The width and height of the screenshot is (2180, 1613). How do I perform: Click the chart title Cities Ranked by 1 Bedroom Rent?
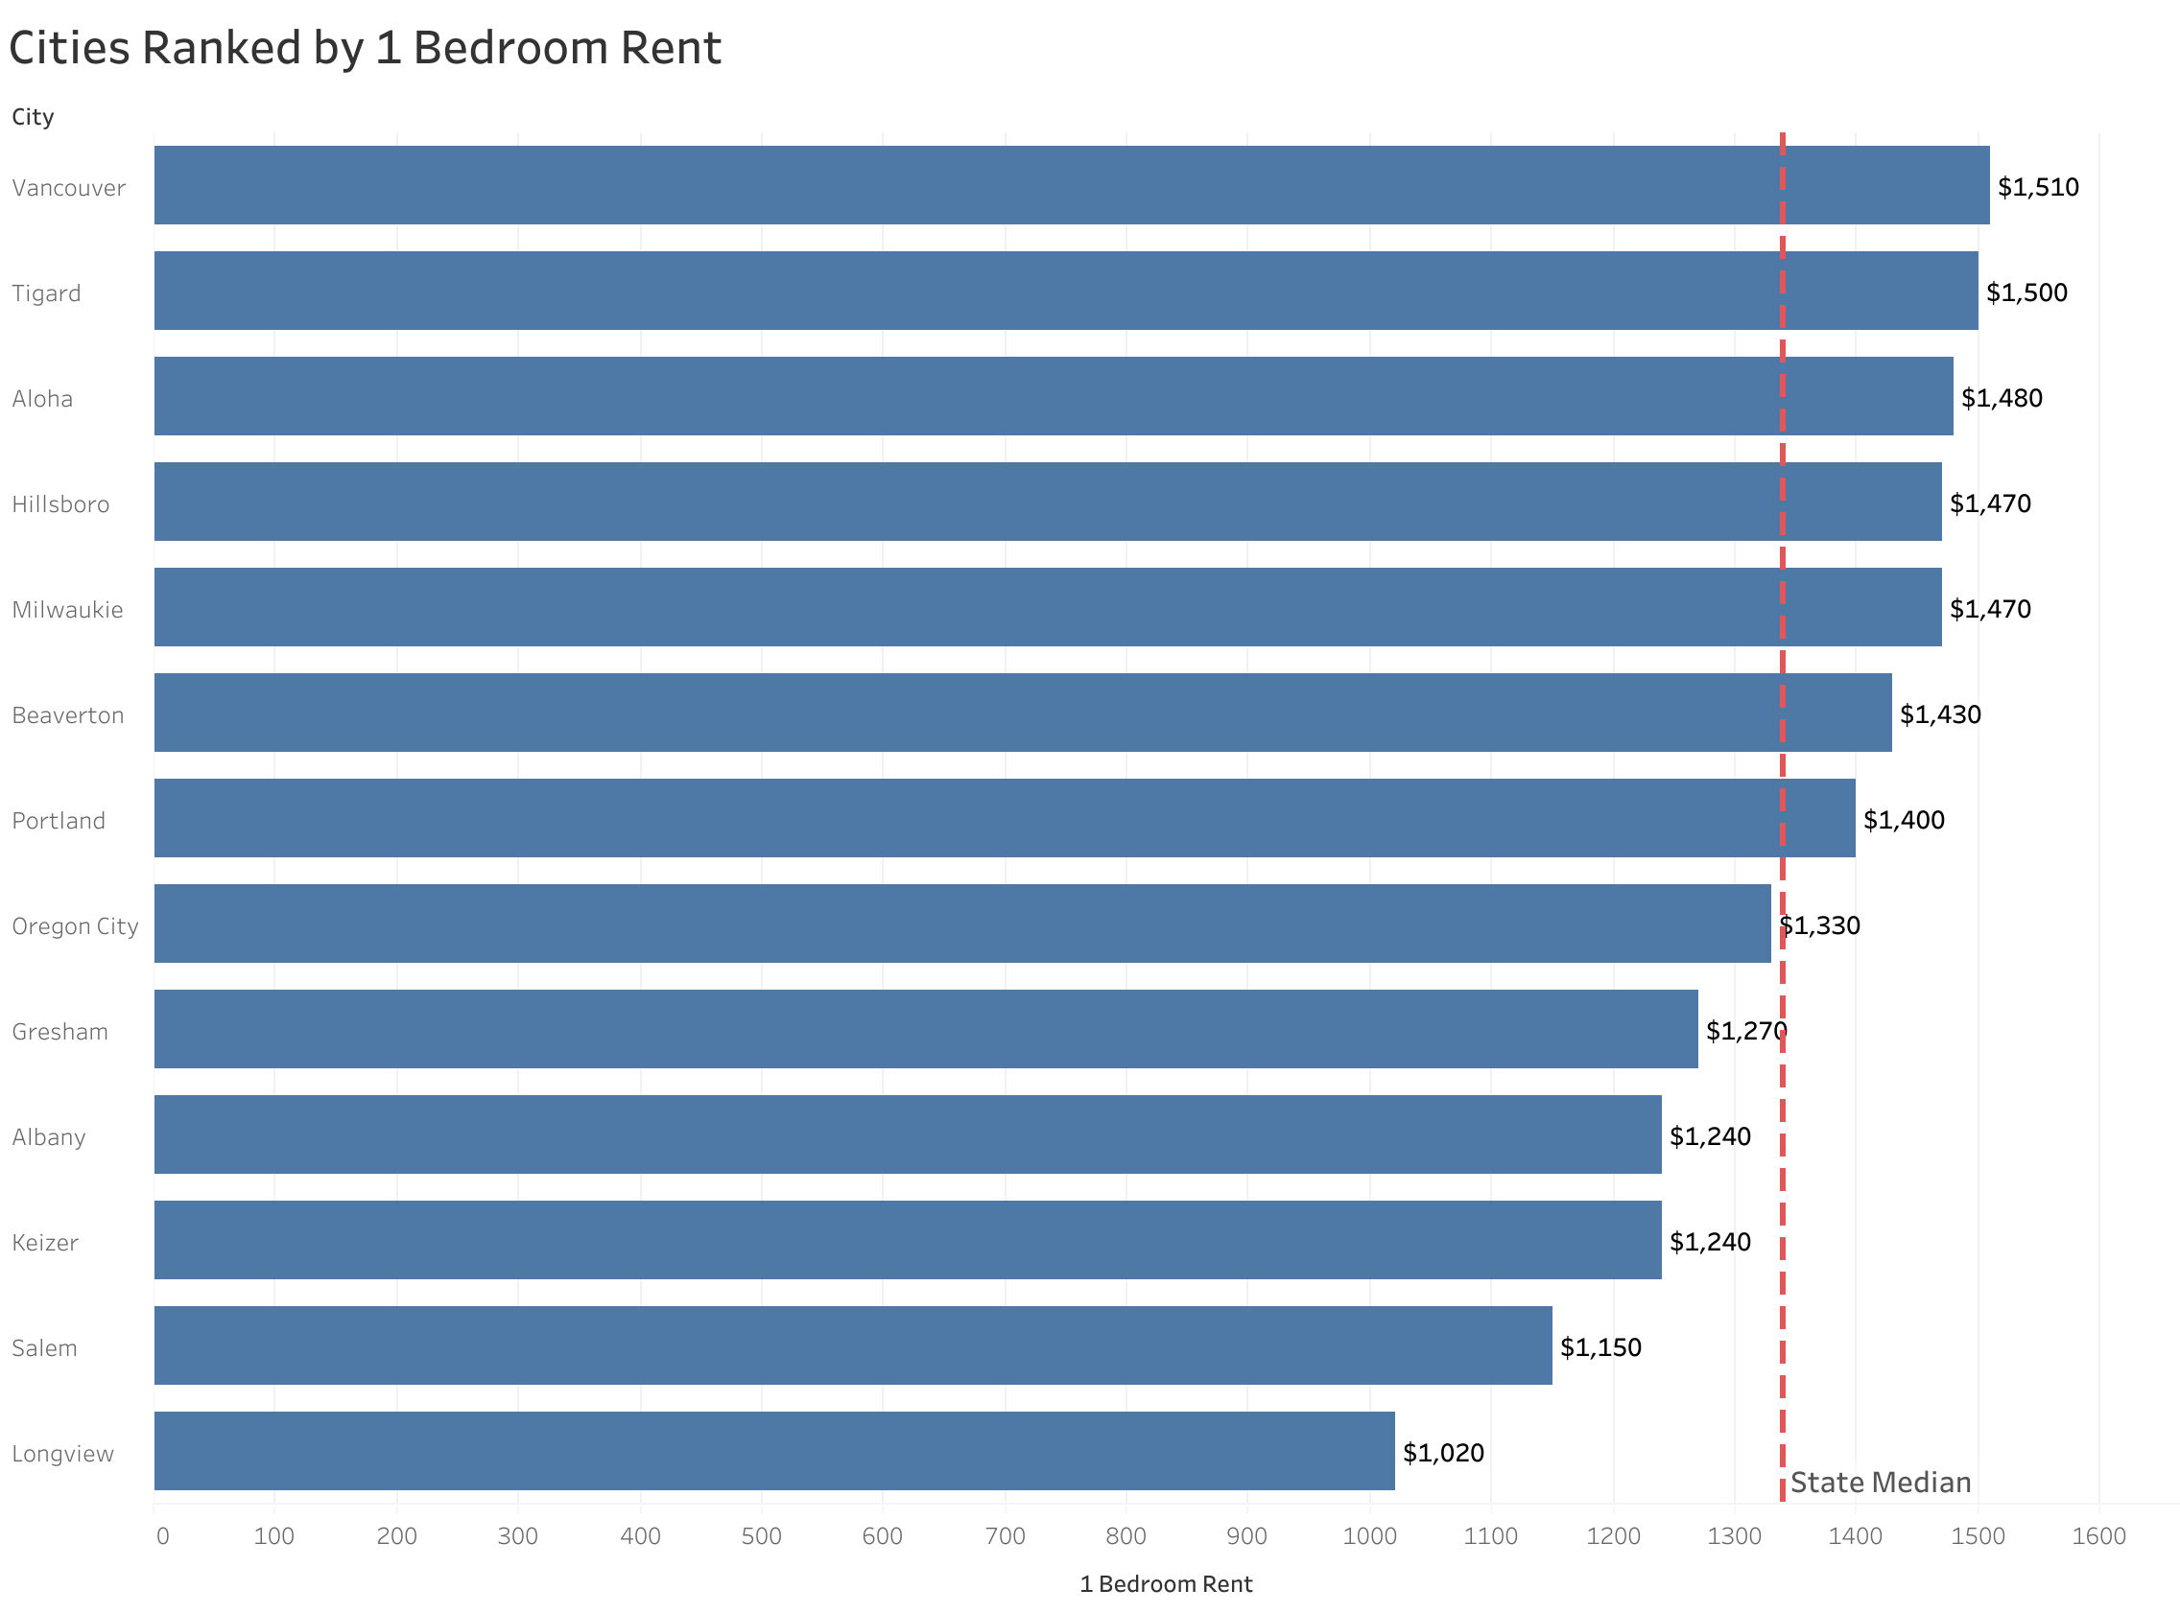pyautogui.click(x=365, y=49)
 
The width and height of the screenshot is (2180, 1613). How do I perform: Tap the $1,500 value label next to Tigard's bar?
pyautogui.click(x=2026, y=292)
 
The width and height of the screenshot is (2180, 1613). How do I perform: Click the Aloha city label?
pyautogui.click(x=42, y=398)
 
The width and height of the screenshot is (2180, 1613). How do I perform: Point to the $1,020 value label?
pyautogui.click(x=1442, y=1453)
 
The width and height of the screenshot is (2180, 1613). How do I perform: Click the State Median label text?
pyautogui.click(x=1880, y=1484)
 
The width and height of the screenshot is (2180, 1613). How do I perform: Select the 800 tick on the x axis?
pyautogui.click(x=1126, y=1537)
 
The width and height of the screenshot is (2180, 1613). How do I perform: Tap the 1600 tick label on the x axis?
pyautogui.click(x=2097, y=1537)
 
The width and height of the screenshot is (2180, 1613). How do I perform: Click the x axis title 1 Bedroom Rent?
pyautogui.click(x=1165, y=1584)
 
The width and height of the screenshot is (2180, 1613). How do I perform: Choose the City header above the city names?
pyautogui.click(x=33, y=117)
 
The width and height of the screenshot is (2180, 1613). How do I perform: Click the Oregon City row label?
pyautogui.click(x=75, y=925)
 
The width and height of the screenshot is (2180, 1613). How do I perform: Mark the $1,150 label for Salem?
pyautogui.click(x=1599, y=1347)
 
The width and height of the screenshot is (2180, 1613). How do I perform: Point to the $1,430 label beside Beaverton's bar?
pyautogui.click(x=1940, y=714)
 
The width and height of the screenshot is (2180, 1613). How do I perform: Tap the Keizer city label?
pyautogui.click(x=45, y=1243)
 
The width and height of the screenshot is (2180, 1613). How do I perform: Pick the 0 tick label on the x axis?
pyautogui.click(x=162, y=1537)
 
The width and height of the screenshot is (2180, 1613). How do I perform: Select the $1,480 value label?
pyautogui.click(x=2002, y=398)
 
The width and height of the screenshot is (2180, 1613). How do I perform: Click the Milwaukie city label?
pyautogui.click(x=67, y=610)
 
